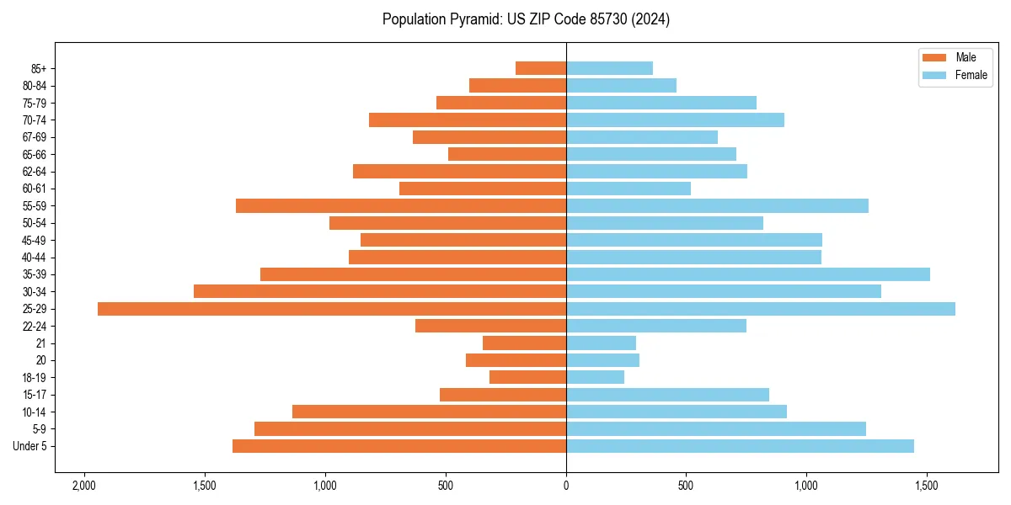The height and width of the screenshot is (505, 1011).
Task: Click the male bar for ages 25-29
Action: [x=332, y=309]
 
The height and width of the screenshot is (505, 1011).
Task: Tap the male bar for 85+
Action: [x=541, y=68]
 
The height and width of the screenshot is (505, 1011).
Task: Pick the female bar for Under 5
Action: [x=740, y=446]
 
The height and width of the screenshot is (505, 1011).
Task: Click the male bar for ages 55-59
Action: [x=401, y=206]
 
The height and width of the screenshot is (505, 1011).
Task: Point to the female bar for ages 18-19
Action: [x=595, y=377]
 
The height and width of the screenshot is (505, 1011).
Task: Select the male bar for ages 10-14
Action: [x=429, y=412]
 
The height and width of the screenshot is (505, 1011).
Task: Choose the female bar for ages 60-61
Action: [x=629, y=189]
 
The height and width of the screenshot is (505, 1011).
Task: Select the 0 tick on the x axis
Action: [x=566, y=486]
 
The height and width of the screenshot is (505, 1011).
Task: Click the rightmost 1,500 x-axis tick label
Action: [x=927, y=486]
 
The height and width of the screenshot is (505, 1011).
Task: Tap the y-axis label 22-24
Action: [x=34, y=327]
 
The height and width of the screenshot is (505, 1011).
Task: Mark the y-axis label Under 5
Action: [x=30, y=446]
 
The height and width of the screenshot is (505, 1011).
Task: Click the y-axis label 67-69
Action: [x=34, y=137]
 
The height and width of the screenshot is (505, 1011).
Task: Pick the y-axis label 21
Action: [x=41, y=343]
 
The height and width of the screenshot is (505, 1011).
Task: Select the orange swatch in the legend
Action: [x=935, y=57]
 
